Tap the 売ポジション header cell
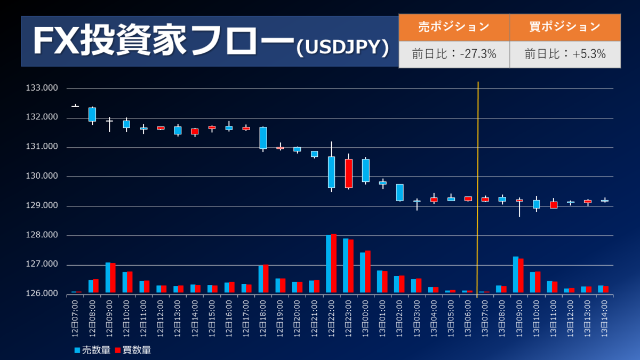(x=454, y=27)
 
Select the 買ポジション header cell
(x=565, y=27)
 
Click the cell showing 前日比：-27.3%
(x=454, y=54)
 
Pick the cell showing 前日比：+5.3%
(x=565, y=54)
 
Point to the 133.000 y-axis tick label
(x=42, y=89)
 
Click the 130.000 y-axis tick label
(x=42, y=177)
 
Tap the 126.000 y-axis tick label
(x=42, y=294)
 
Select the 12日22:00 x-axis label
(x=331, y=318)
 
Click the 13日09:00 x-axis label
(x=518, y=318)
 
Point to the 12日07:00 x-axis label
(x=75, y=318)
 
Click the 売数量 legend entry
(x=93, y=350)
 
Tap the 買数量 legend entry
(x=133, y=350)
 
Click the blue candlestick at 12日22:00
(x=331, y=172)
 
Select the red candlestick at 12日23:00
(x=348, y=173)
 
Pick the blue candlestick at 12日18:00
(x=263, y=138)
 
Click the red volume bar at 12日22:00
(x=334, y=263)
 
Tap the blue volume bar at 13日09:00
(x=515, y=275)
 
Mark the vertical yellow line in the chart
(x=478, y=187)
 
